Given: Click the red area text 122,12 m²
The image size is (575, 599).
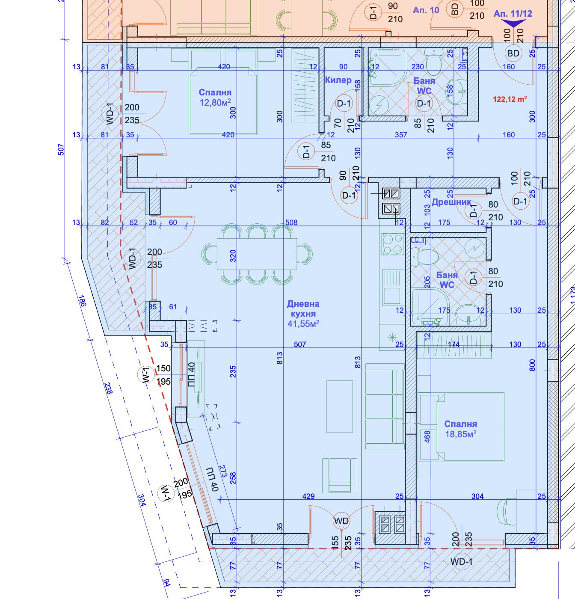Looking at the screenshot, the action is tap(510, 99).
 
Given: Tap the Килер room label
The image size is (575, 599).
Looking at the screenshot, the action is tap(338, 80).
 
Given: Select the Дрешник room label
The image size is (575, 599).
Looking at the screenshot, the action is tap(451, 202).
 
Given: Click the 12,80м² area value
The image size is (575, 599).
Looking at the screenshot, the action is tap(215, 102).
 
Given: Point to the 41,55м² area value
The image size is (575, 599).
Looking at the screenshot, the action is tap(303, 323).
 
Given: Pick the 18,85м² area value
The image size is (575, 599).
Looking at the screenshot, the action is tap(460, 434).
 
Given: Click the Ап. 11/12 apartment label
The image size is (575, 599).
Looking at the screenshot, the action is tap(513, 14).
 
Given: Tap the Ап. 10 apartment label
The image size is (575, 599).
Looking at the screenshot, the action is tap(426, 10).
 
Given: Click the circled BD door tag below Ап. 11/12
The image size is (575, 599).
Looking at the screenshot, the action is tap(513, 53).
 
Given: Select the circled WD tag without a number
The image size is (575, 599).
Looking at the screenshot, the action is tap(341, 521).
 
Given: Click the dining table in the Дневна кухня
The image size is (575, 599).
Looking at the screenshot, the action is tap(257, 254).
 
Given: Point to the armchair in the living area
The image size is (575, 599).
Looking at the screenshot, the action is tap(340, 476).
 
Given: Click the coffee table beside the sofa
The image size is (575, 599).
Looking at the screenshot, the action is tap(340, 406).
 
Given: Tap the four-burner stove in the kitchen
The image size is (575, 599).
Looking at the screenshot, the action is tap(392, 244).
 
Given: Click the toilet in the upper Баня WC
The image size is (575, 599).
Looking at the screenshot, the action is tap(433, 63).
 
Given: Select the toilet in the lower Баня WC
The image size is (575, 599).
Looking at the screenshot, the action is tap(424, 257).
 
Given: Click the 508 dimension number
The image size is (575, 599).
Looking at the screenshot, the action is tap(291, 222).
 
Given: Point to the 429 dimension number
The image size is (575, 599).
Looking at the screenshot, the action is tap(308, 496).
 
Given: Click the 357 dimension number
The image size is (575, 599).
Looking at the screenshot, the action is tap(401, 134).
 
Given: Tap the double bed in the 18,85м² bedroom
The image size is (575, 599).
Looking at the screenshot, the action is tap(470, 427).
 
